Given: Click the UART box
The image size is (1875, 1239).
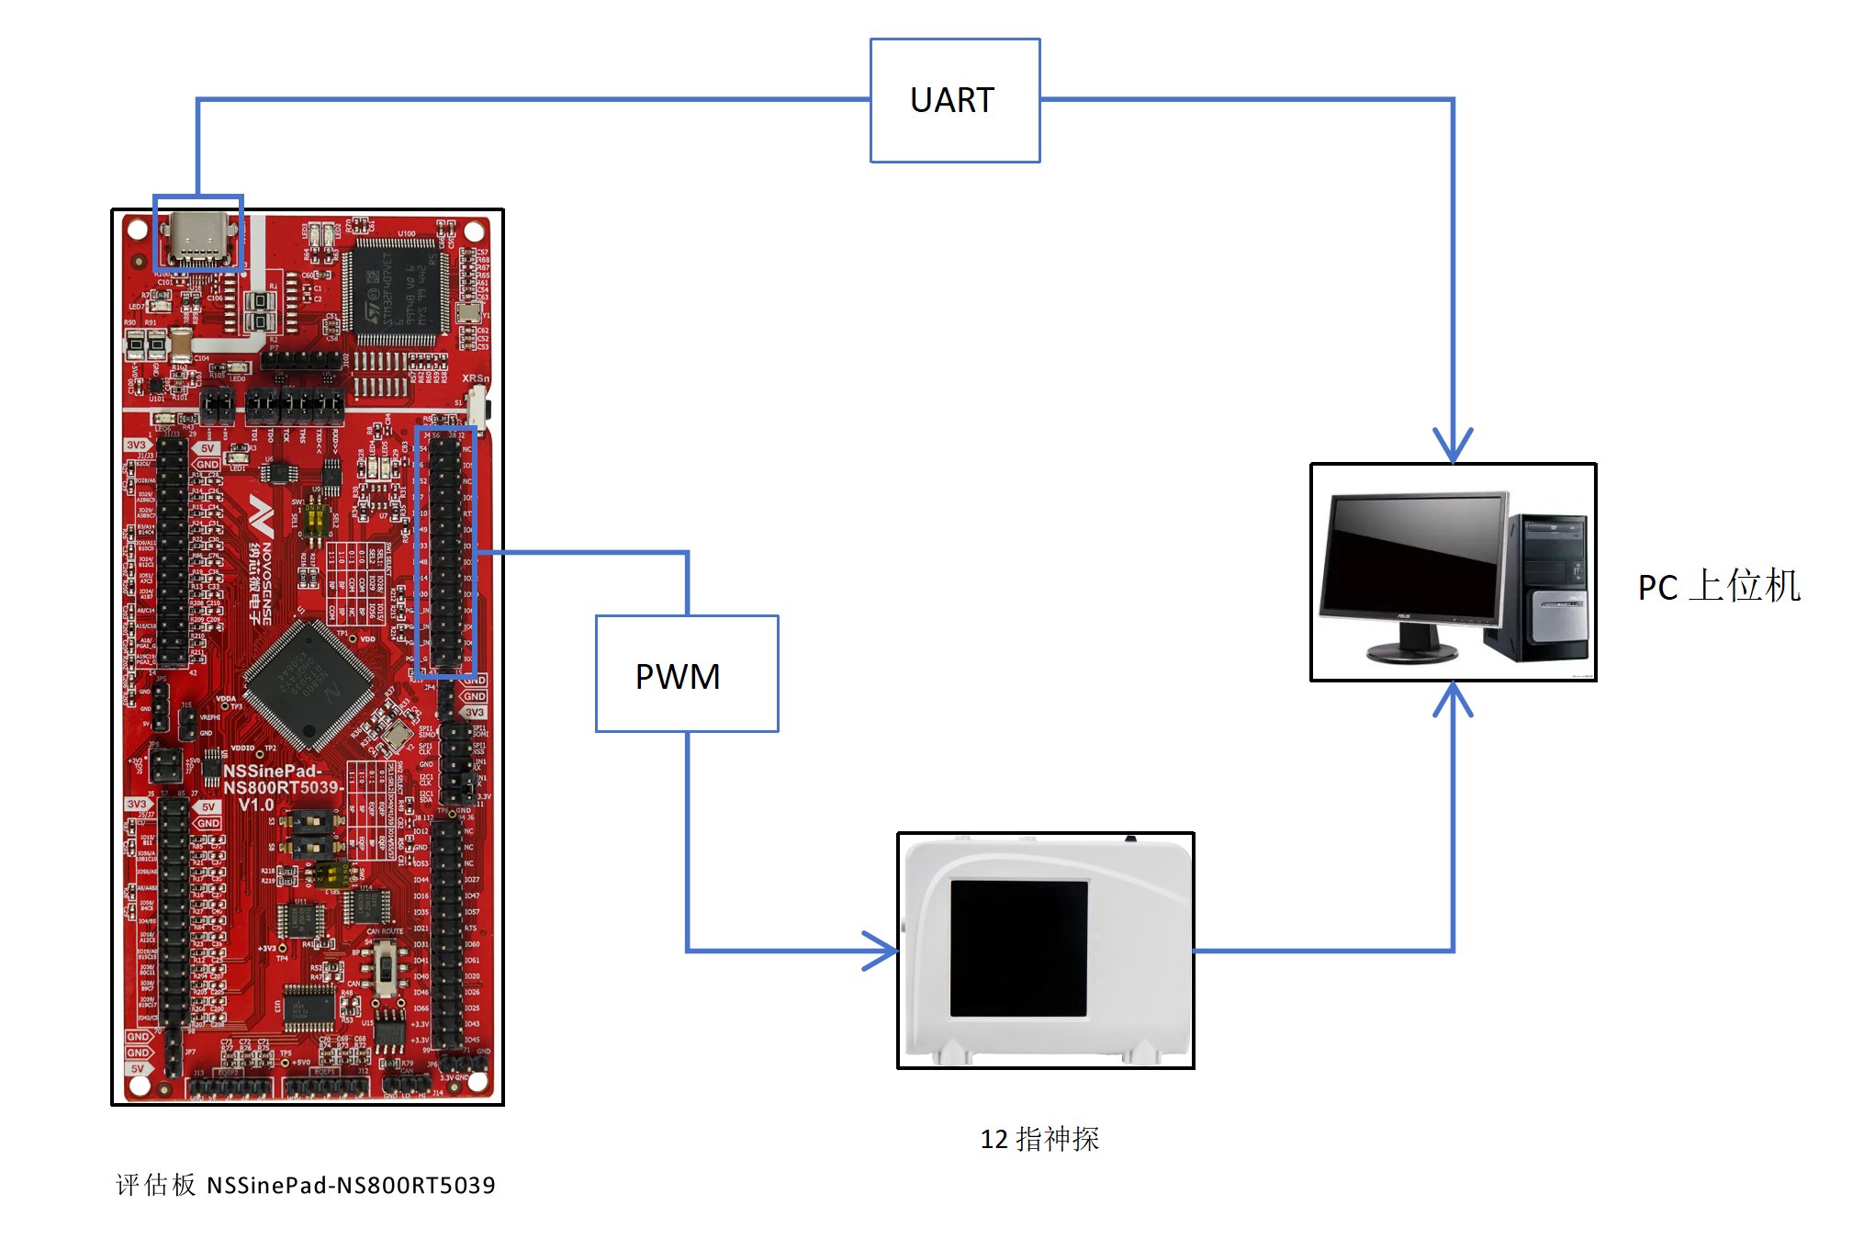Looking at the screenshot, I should [954, 100].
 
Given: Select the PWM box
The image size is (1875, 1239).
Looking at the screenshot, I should [686, 674].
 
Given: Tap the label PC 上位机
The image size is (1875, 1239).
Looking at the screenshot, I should [1718, 586].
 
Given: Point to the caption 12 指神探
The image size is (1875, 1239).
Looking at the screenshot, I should [1039, 1139].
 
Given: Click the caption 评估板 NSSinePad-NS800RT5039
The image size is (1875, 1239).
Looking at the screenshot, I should [305, 1185].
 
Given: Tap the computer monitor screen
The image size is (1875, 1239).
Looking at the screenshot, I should [1415, 557].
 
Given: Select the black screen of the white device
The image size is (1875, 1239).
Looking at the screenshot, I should [1018, 948].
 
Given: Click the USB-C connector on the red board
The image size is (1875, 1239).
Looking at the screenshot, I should [197, 237].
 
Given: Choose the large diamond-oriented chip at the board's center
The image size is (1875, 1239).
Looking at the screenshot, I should [309, 685].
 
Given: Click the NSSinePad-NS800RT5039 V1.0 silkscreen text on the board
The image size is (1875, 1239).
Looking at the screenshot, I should [281, 787].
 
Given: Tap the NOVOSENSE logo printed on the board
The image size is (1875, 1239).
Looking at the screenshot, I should [262, 560].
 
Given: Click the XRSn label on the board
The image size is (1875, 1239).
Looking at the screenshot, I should [475, 377].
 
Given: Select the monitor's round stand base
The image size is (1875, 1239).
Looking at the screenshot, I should [1410, 653].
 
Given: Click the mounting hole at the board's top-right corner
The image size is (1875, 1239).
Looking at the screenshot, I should [475, 230].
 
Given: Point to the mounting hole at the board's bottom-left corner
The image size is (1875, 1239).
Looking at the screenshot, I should [140, 1085].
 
